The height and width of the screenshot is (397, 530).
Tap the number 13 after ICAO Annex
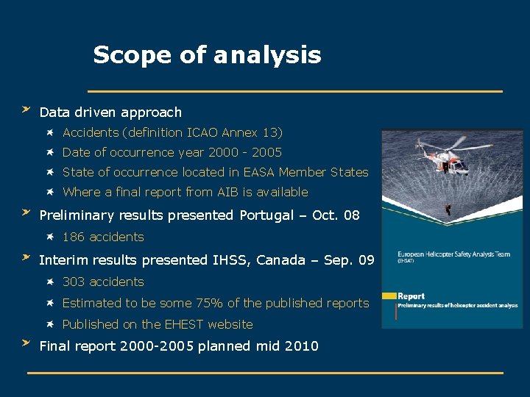pos(270,133)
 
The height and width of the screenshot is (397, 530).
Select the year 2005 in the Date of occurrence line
pos(266,153)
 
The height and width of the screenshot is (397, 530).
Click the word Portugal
pos(266,216)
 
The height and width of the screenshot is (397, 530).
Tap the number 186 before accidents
pos(73,237)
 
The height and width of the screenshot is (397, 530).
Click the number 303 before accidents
pos(73,282)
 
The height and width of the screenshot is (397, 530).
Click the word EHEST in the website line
pos(184,325)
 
